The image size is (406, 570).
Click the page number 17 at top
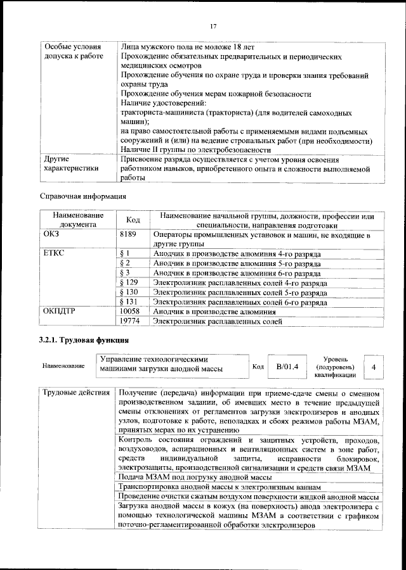pyautogui.click(x=213, y=25)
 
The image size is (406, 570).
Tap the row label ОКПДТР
pyautogui.click(x=62, y=312)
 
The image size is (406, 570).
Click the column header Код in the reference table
pyautogui.click(x=133, y=220)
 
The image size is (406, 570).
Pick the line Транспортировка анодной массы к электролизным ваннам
pyautogui.click(x=219, y=486)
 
